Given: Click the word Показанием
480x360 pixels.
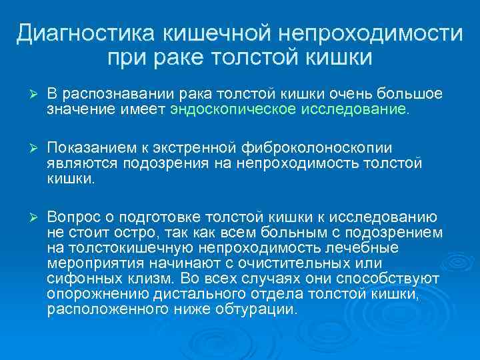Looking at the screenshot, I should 89,147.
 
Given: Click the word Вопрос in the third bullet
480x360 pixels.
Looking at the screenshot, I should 71,217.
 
